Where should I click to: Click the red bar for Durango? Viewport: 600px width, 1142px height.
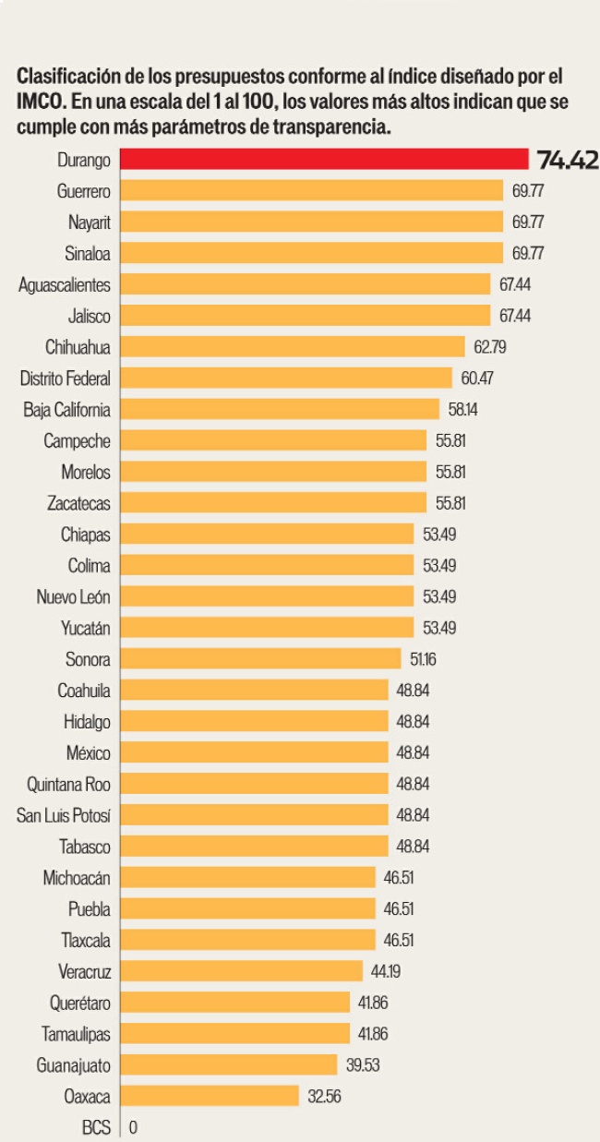(323, 159)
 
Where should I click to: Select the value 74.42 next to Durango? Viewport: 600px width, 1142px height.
(568, 160)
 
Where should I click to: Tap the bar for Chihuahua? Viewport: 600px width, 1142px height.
(293, 346)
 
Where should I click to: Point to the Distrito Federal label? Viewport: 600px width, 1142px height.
(66, 378)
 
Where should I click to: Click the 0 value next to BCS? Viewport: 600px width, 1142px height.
(134, 1127)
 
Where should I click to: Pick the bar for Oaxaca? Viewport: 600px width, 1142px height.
(210, 1096)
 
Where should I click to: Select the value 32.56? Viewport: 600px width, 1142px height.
(324, 1097)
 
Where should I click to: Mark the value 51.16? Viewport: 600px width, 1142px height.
(425, 659)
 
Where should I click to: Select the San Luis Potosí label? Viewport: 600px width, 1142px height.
(64, 815)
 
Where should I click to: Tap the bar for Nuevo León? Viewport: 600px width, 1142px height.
(267, 596)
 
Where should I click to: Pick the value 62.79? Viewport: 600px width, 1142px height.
(489, 347)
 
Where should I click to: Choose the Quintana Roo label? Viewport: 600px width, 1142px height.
(69, 784)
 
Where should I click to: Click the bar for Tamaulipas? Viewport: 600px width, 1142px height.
(235, 1033)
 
